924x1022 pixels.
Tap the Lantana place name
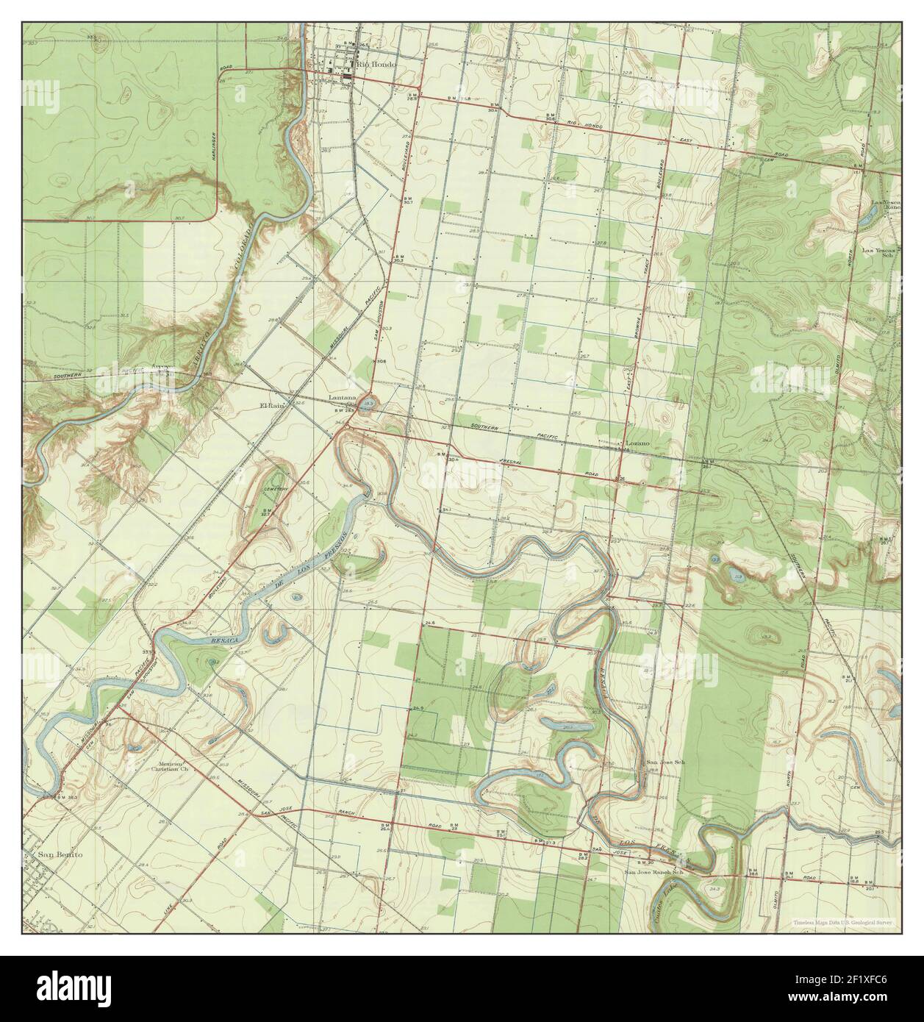[x=342, y=399]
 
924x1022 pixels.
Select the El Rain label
[x=272, y=404]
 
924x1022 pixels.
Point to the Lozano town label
[x=638, y=445]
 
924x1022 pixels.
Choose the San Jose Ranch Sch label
[x=653, y=873]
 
